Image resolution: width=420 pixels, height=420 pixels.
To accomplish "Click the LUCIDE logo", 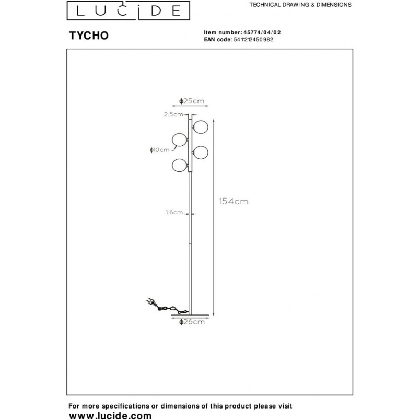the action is [x=129, y=10].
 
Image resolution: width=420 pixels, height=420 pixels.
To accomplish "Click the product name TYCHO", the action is [x=89, y=36].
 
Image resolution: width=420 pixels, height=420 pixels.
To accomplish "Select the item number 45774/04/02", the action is [x=262, y=32].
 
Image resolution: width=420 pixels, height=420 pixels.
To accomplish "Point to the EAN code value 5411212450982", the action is [x=253, y=39].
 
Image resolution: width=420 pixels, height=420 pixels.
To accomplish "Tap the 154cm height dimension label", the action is [x=234, y=201].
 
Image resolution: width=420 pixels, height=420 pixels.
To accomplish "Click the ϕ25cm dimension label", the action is [x=192, y=101].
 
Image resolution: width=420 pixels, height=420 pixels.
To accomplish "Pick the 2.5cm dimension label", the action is [x=173, y=114].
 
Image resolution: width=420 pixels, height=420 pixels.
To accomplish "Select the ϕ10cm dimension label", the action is [x=159, y=150].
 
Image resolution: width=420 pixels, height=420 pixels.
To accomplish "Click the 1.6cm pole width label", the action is [x=174, y=213].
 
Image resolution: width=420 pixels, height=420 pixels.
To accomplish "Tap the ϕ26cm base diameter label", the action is [x=192, y=322].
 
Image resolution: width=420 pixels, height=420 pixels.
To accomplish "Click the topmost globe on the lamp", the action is [x=201, y=127].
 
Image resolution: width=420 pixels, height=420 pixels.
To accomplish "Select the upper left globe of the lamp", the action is [x=180, y=140].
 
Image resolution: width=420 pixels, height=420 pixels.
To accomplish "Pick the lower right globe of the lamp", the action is [x=201, y=153].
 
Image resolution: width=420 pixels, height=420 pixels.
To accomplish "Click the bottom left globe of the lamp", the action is [x=180, y=166].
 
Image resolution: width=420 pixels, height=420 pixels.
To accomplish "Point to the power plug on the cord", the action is [x=151, y=302].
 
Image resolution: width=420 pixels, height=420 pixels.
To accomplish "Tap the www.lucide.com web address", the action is [x=110, y=415].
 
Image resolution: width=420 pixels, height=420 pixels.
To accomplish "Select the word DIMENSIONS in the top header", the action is [x=334, y=5].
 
